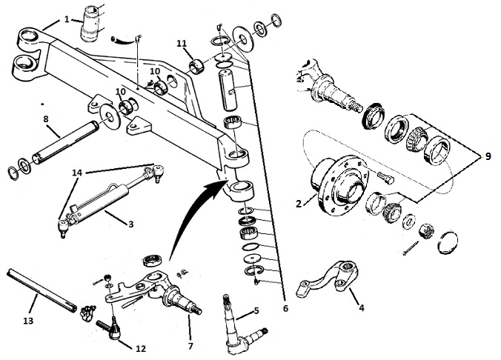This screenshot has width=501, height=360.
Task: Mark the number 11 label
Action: (x=182, y=45)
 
